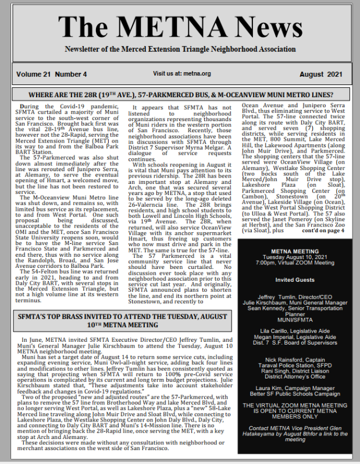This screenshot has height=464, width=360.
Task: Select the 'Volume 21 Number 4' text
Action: (x=52, y=74)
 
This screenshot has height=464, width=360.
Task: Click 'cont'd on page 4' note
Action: (x=323, y=231)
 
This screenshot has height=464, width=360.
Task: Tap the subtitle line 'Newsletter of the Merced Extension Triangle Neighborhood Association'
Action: (x=180, y=51)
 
